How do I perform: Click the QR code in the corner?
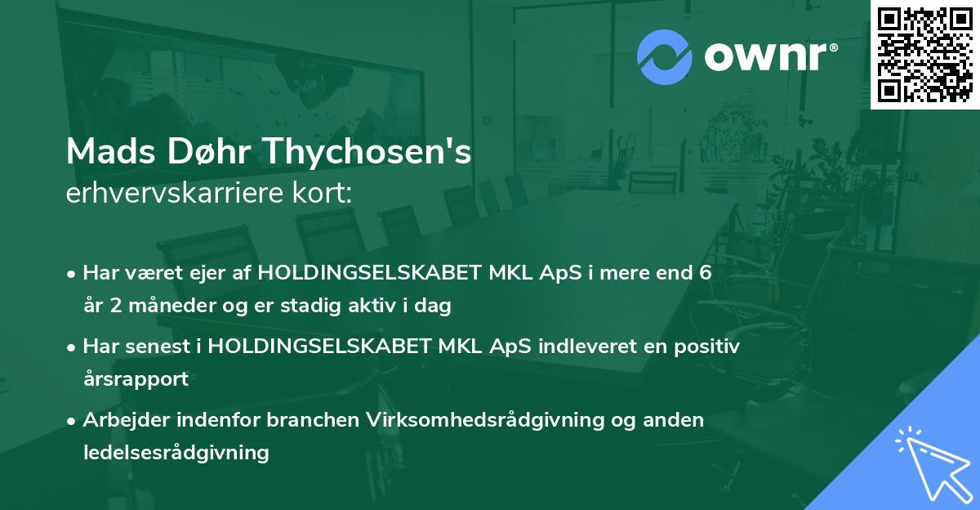coord(924,55)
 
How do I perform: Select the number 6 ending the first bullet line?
coord(705,274)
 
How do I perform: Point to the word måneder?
coord(160,306)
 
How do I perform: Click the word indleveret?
coord(586,347)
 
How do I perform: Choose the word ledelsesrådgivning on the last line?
coord(176,452)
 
